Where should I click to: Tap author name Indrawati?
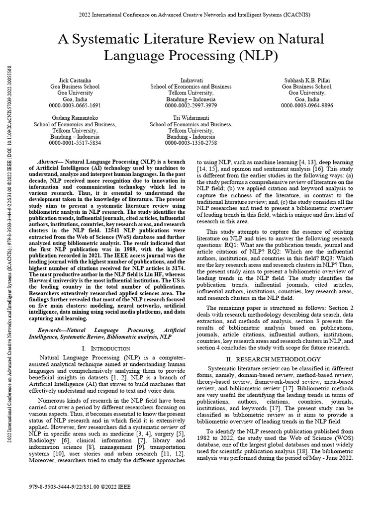point(191,80)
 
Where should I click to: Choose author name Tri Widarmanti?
point(191,118)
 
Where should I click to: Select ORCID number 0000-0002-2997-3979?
point(191,105)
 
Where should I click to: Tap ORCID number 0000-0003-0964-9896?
point(306,105)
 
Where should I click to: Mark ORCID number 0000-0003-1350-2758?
point(191,143)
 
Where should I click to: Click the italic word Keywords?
point(52,330)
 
